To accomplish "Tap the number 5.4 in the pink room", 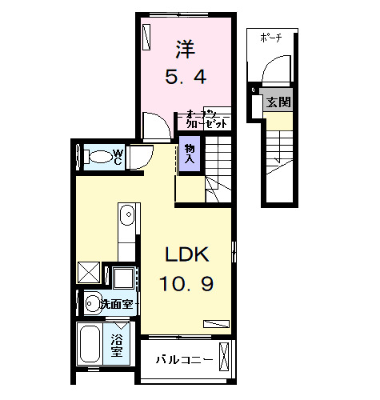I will pos(186,78).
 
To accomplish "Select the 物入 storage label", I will pos(190,153).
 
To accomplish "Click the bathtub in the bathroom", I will pos(90,346).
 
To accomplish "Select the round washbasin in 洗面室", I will pos(92,303).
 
